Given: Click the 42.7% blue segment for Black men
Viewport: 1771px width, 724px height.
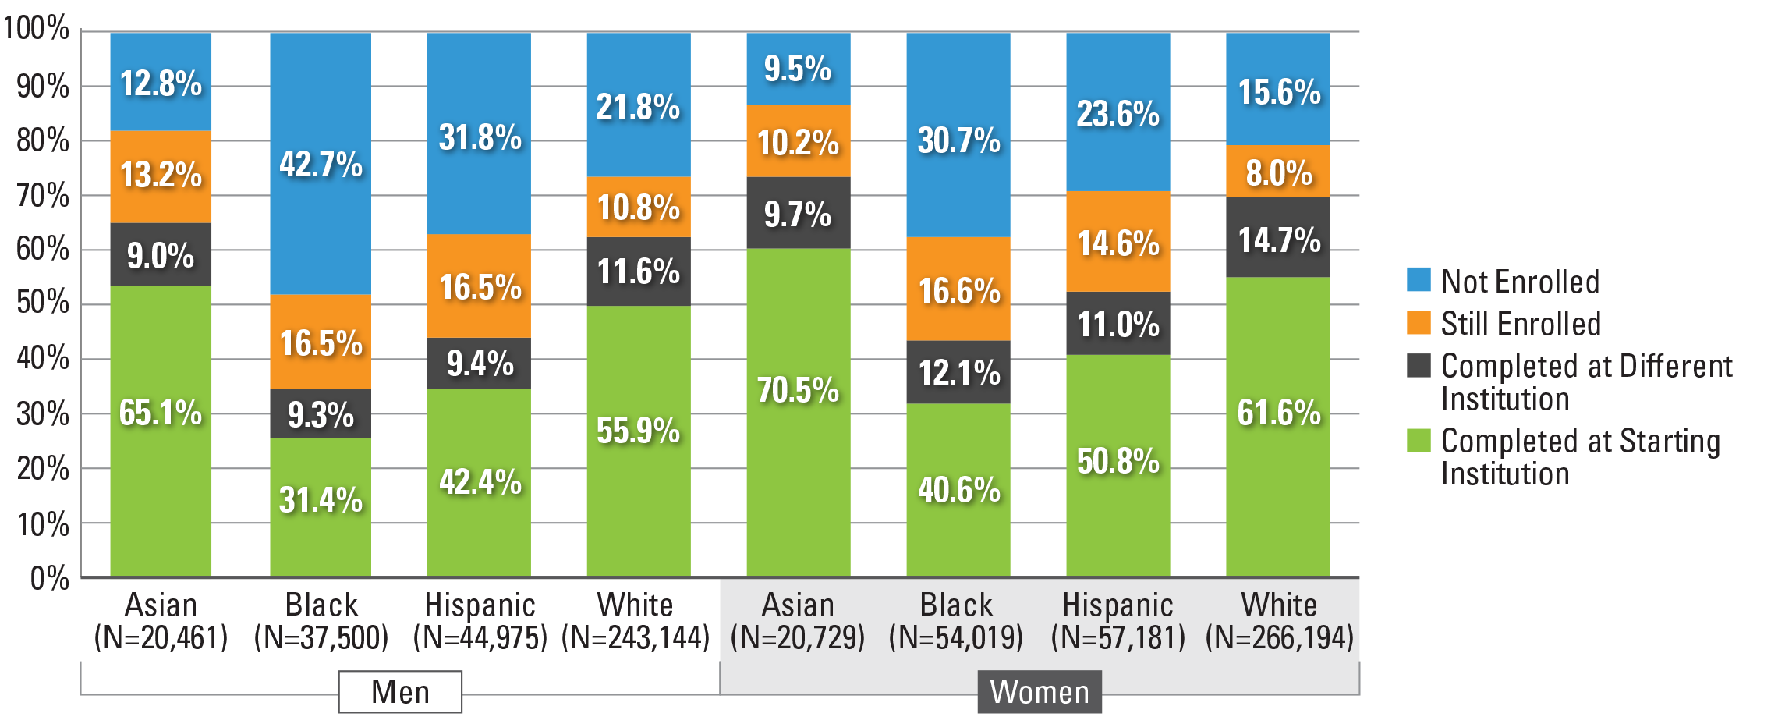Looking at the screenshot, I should pos(321,163).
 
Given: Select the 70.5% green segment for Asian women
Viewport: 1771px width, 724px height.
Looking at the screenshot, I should pos(798,412).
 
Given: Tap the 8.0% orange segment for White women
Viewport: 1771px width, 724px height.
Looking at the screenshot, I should pos(1278,171).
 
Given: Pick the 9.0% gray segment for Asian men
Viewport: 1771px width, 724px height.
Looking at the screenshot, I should pos(161,254).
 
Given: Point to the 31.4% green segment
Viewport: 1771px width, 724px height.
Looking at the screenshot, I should pos(321,507).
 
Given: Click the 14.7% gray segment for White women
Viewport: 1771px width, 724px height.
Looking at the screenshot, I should pos(1278,237).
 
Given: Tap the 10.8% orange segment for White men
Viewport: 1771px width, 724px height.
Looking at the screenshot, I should pos(638,207).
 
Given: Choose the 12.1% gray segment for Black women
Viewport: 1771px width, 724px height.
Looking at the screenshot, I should pos(958,372).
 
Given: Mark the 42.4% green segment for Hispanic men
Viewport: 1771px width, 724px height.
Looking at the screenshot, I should pos(479,482).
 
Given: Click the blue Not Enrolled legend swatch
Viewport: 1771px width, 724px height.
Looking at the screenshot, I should pos(1419,279).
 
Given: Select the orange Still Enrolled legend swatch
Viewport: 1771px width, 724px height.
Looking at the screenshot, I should pos(1419,322).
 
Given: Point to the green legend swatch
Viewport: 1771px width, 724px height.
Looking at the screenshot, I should pos(1419,440).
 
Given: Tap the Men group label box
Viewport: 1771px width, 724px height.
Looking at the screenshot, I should pos(400,691).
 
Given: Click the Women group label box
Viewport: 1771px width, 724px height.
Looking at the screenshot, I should pos(1040,691).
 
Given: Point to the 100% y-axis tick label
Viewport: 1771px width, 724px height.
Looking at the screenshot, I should pos(37,29).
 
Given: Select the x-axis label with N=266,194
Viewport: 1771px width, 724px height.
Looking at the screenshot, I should pos(1279,622).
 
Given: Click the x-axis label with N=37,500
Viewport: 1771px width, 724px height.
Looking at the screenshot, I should pos(321,622).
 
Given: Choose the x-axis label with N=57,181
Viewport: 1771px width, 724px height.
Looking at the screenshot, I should pos(1118,622).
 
